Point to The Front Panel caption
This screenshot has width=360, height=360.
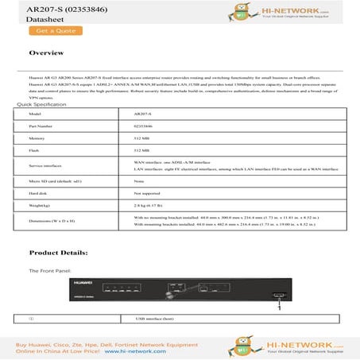click(x=50, y=271)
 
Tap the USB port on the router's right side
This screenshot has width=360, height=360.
click(x=277, y=299)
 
